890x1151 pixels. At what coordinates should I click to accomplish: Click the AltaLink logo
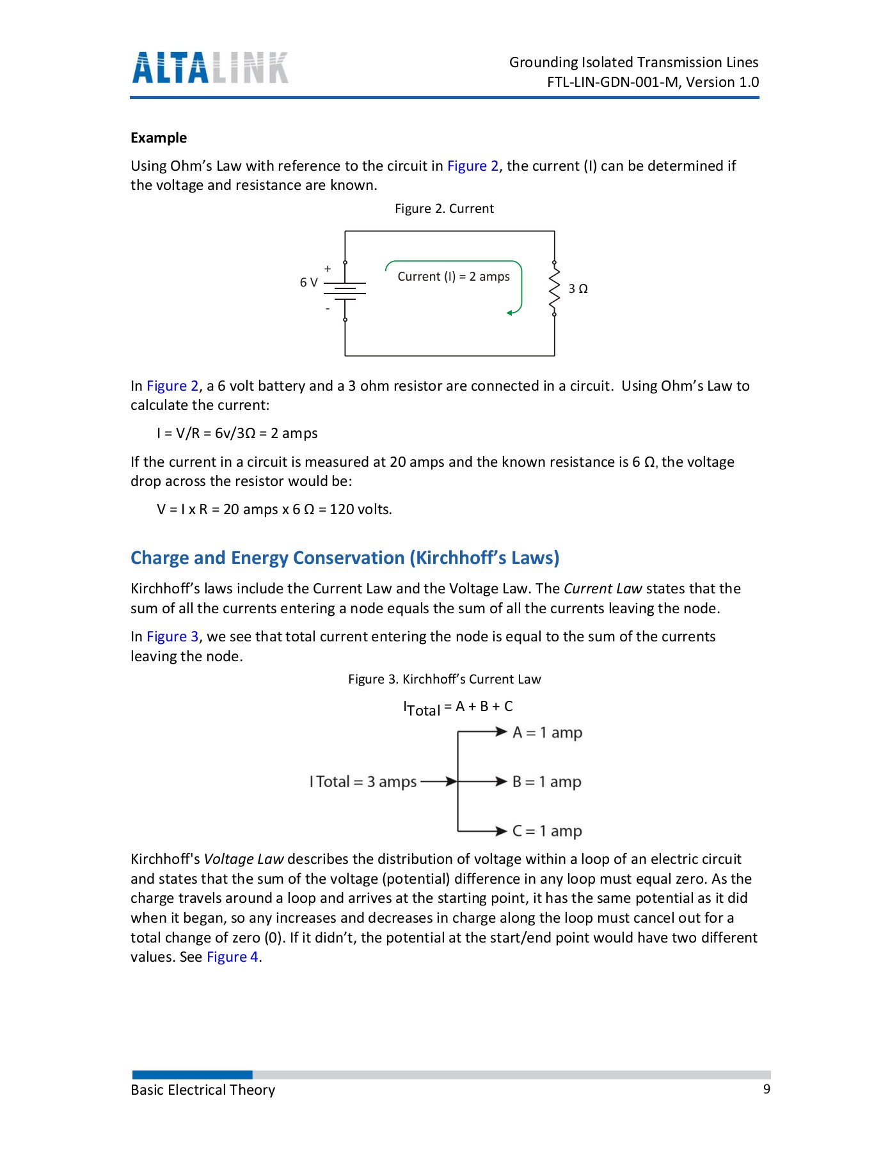(210, 68)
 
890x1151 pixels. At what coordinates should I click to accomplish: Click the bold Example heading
(159, 137)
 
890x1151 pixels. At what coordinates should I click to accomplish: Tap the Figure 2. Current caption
(444, 208)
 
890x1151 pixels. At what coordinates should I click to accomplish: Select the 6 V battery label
(308, 282)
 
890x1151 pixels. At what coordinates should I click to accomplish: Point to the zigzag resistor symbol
(554, 288)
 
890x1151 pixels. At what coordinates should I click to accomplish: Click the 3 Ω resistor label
(578, 289)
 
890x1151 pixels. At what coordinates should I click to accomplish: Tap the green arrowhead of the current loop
(510, 313)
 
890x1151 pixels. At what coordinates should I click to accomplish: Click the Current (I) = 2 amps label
(454, 276)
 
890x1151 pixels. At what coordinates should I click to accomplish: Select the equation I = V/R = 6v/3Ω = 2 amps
(237, 433)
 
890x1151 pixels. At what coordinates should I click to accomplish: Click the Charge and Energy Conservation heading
(345, 558)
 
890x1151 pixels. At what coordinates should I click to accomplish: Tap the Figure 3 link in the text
(172, 636)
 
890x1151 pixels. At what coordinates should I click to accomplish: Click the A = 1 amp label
(547, 732)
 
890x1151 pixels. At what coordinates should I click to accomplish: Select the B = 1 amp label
(546, 781)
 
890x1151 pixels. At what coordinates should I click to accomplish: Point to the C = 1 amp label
(547, 831)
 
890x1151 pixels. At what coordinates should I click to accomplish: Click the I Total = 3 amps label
(363, 781)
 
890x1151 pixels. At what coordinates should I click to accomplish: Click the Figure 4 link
(232, 957)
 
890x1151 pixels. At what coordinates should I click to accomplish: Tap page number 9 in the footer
(767, 1089)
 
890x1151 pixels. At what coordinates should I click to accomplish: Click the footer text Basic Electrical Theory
(203, 1090)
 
